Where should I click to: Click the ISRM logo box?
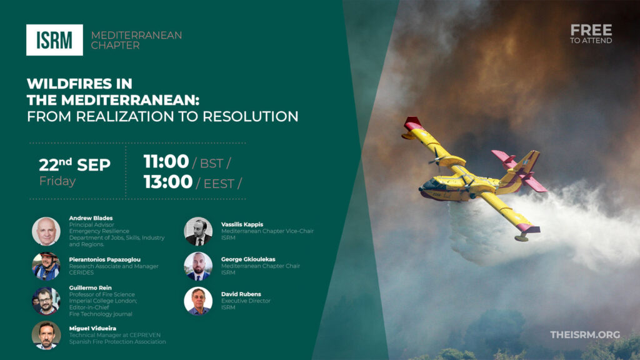55,40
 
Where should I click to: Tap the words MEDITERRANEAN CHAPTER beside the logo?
136,40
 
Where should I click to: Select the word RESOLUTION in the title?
251,116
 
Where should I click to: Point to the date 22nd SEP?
75,164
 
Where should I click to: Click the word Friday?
57,181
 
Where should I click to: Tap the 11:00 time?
166,162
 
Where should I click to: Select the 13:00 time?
167,182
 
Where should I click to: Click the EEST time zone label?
219,184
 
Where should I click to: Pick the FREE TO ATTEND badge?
591,34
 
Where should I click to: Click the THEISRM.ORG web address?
585,335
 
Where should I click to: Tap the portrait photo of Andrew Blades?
46,231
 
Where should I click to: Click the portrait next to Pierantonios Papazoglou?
46,266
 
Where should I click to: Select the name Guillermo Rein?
90,287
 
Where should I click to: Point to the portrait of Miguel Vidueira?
46,336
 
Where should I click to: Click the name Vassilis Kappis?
242,224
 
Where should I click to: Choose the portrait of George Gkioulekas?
198,266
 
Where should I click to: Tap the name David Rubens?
241,294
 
